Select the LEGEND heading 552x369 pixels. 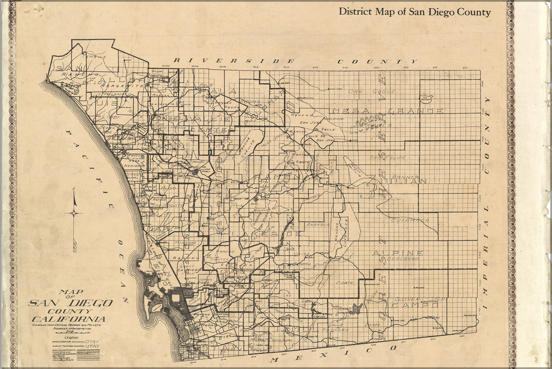(71, 337)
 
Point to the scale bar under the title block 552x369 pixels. (72, 331)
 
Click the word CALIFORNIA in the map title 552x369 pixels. (68, 319)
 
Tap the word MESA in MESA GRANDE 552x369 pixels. (347, 111)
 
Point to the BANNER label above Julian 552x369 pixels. (405, 177)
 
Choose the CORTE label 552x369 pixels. (345, 283)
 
